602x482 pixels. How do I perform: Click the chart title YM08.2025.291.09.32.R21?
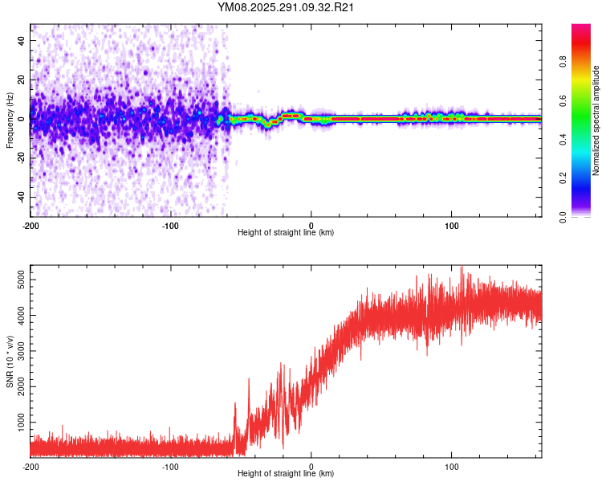coord(287,7)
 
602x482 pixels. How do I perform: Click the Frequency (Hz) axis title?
coord(10,120)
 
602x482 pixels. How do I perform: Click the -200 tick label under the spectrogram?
coord(31,225)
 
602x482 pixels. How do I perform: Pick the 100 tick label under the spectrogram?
coord(452,225)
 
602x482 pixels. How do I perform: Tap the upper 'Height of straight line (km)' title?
coord(287,233)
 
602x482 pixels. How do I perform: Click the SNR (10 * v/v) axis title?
coord(10,361)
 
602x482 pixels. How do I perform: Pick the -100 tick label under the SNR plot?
coord(171,466)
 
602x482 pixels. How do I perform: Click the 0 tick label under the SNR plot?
coord(311,466)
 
